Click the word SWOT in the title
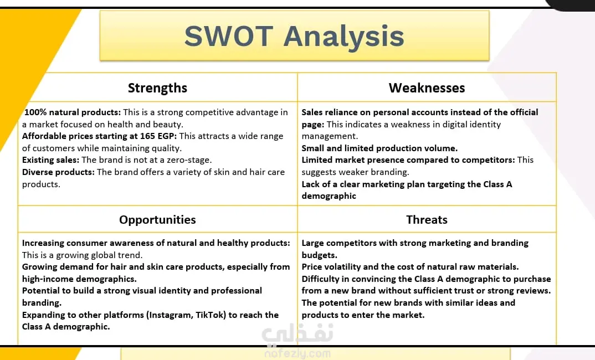229,36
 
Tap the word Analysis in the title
344,37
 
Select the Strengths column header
157,88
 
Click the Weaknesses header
427,88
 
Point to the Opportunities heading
157,220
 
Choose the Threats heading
427,220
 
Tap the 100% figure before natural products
35,112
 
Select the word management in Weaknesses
330,136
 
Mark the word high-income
48,279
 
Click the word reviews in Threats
535,291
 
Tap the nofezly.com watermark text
297,354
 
